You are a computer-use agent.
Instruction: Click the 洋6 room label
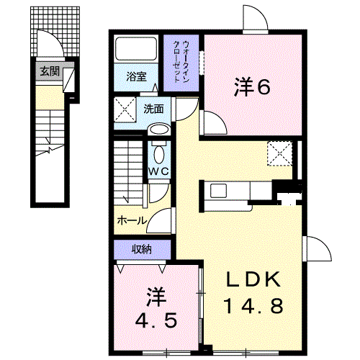click(x=251, y=88)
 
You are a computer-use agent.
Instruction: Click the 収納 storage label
click(x=141, y=249)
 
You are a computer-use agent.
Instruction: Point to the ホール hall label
click(x=132, y=220)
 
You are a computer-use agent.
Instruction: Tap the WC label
click(x=158, y=171)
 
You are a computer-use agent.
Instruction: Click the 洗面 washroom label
click(x=152, y=109)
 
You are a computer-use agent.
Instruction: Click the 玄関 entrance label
click(x=50, y=71)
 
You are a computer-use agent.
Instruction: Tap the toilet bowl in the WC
click(x=158, y=152)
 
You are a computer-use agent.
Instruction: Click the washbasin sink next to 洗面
click(x=158, y=130)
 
